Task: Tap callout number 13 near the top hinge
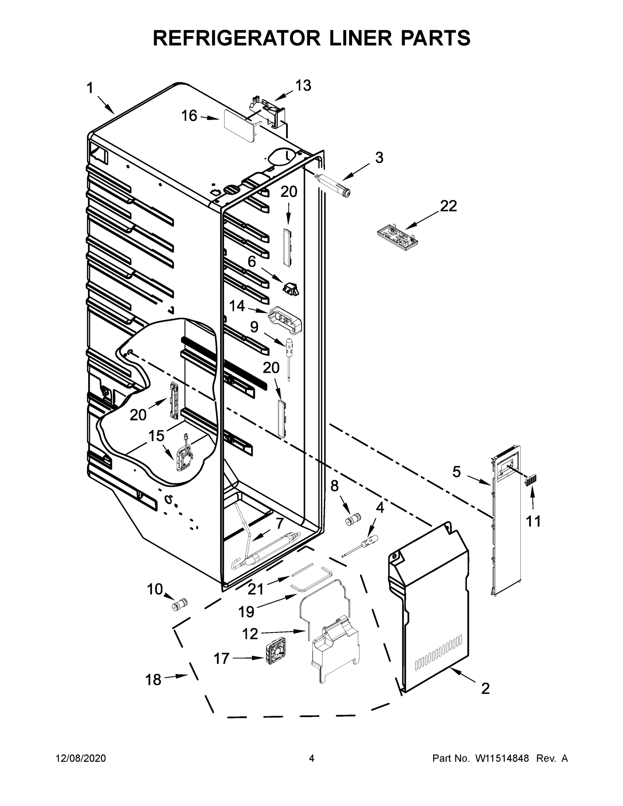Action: (x=303, y=85)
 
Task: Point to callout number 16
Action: (x=189, y=116)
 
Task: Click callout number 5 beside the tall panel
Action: (x=456, y=472)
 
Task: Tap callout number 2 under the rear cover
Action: (x=485, y=688)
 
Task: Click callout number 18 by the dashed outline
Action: (x=153, y=679)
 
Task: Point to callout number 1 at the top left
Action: (x=90, y=88)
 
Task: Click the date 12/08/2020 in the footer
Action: (x=81, y=758)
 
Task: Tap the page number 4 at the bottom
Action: (x=312, y=758)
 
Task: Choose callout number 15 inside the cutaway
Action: (x=156, y=436)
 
